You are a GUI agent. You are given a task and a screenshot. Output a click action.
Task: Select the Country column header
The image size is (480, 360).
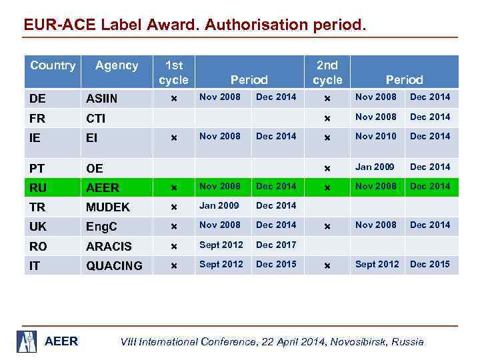point(53,65)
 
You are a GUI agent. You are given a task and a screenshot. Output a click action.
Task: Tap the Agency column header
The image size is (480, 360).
point(117,65)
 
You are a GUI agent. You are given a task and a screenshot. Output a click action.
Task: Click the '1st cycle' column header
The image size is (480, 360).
point(173,72)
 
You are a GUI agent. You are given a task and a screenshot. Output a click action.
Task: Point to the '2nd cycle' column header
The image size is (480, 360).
point(327,72)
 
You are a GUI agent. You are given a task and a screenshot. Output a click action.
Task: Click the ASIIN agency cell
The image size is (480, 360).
point(101,98)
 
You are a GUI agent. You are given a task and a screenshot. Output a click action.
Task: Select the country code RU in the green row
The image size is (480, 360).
point(39,188)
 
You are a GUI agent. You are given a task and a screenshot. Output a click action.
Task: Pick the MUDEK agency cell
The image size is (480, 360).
point(108,207)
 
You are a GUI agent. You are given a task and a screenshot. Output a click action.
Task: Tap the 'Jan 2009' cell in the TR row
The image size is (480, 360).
point(219,205)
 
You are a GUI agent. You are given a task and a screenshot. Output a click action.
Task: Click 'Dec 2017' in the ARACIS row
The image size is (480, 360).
point(276,245)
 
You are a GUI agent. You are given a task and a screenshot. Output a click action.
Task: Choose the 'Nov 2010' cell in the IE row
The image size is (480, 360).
point(375,136)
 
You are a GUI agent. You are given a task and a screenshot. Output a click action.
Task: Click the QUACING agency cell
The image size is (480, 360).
point(114,265)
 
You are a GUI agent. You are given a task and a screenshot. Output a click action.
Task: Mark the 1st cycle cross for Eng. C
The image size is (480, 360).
point(173,227)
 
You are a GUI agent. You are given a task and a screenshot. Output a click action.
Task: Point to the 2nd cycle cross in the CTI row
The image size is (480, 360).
point(327,119)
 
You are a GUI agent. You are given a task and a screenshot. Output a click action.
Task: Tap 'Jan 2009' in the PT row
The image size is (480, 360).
point(375,167)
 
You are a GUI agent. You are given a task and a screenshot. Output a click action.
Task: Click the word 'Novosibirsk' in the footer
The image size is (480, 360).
point(359,341)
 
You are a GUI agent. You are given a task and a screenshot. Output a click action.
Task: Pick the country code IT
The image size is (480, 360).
point(35,265)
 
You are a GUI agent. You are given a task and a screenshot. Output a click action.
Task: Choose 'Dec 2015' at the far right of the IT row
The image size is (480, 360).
point(430,264)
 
